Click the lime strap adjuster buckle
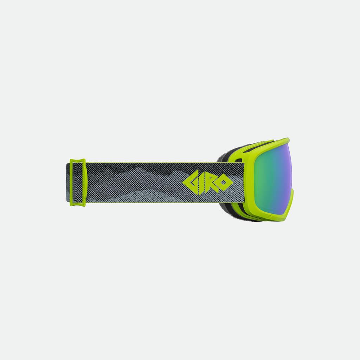coord(78,182)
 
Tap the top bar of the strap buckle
coord(78,161)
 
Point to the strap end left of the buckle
coord(68,182)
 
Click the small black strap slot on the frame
coord(239,160)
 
